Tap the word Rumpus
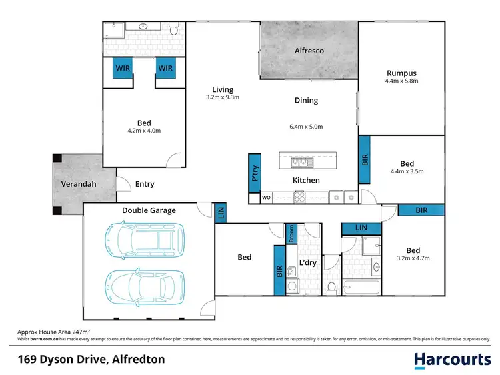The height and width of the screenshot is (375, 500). [x=401, y=73]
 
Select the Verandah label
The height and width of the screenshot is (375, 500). [x=77, y=184]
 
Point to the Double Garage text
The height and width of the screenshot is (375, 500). [x=149, y=210]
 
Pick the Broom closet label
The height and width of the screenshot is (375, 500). [x=291, y=233]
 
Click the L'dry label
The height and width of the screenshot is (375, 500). [x=307, y=262]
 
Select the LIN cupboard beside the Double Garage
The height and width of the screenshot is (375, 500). [x=221, y=212]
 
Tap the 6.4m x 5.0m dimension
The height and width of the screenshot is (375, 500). [x=306, y=127]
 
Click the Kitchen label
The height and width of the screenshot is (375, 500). [x=306, y=180]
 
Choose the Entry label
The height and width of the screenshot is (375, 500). [x=145, y=184]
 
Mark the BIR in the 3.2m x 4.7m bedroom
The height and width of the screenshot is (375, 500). [x=421, y=210]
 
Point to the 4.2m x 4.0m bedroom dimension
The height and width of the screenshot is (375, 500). [x=144, y=131]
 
